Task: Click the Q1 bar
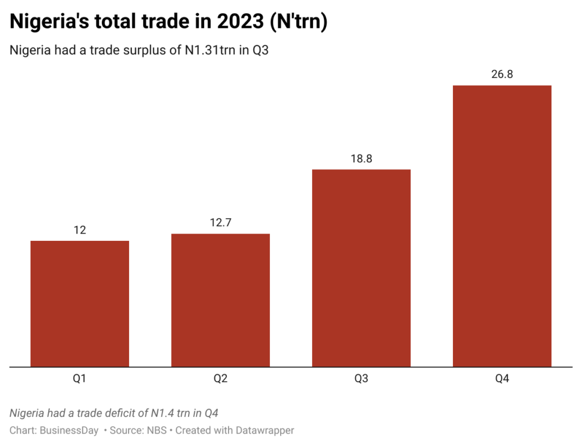[x=80, y=303]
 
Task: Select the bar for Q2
[x=221, y=300]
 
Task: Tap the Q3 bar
[x=361, y=268]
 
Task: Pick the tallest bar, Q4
[x=502, y=226]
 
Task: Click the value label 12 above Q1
[x=80, y=230]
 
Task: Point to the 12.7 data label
[x=221, y=223]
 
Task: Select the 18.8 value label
[x=361, y=159]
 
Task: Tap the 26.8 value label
[x=502, y=74]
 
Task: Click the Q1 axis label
[x=80, y=378]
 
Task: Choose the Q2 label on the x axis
[x=221, y=378]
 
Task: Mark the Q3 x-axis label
[x=361, y=378]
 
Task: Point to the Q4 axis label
[x=502, y=378]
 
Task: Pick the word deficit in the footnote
[x=124, y=412]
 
